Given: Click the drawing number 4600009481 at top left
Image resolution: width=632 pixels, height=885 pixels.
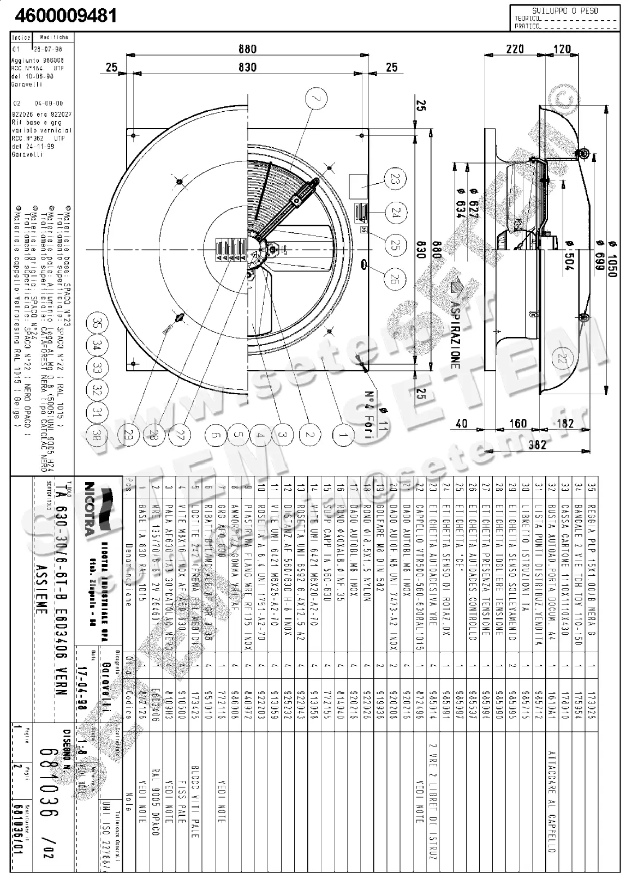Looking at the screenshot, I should (x=65, y=15).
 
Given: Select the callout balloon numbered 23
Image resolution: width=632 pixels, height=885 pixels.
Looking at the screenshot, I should (x=396, y=179).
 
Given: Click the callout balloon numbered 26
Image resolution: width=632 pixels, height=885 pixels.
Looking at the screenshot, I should (x=396, y=280).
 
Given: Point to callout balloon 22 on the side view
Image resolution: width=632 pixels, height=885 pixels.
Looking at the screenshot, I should (x=562, y=358).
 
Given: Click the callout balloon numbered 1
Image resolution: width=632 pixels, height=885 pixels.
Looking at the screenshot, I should (x=343, y=435).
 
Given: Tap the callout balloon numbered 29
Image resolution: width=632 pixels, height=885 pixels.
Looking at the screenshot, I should (x=129, y=434).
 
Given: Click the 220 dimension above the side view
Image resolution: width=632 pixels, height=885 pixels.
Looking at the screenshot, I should (x=515, y=49).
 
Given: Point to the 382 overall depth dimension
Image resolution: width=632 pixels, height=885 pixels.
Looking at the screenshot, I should (x=538, y=445).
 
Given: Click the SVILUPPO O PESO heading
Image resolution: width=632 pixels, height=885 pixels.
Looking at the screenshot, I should (x=565, y=10).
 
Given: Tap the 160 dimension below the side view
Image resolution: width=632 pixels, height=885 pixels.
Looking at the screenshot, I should (x=518, y=424).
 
